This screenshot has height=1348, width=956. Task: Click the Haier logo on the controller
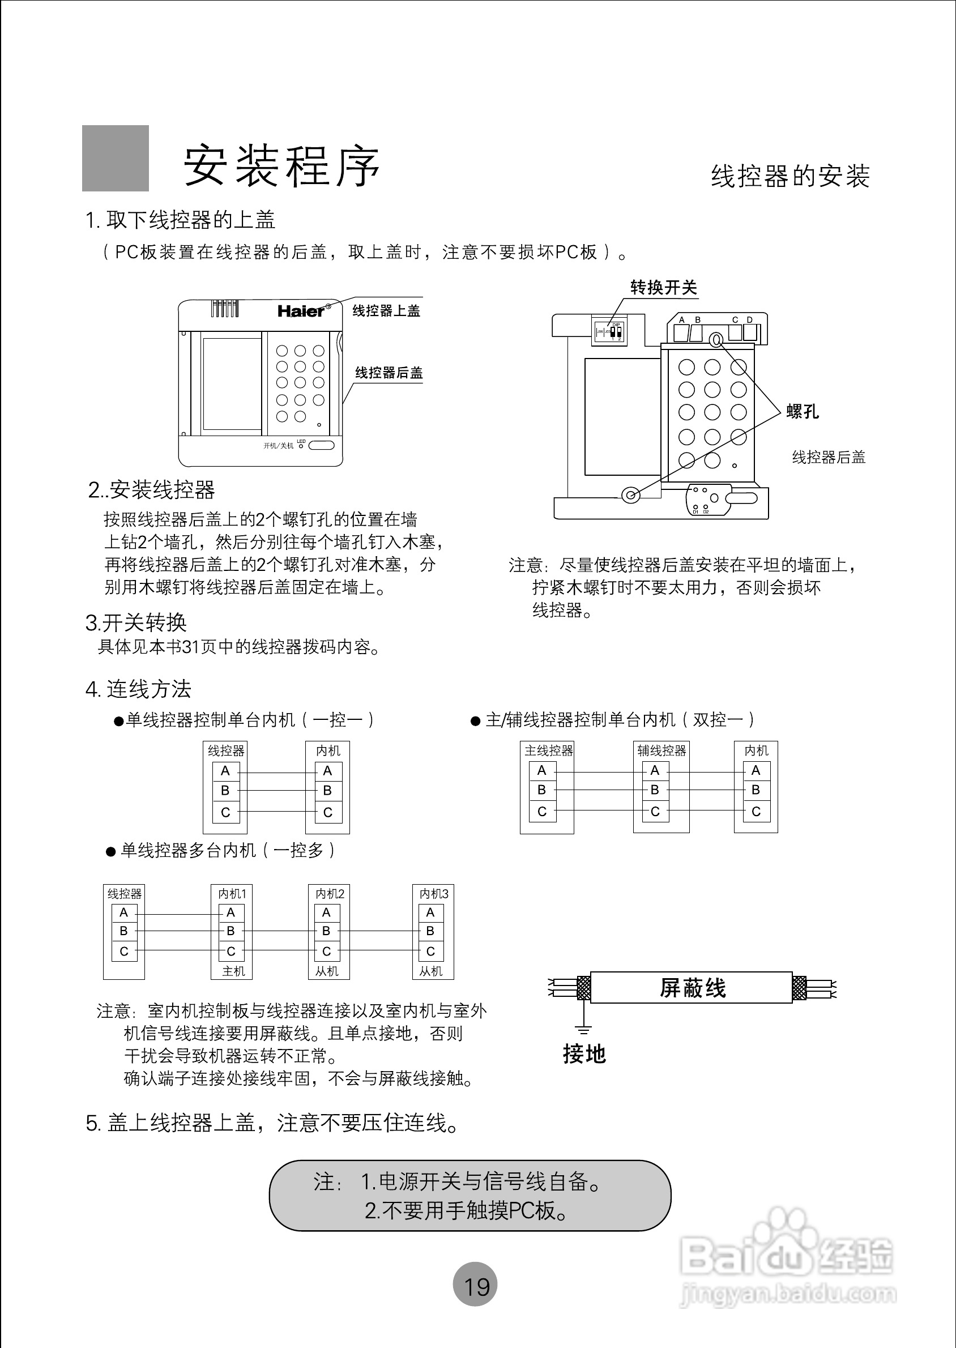tap(301, 311)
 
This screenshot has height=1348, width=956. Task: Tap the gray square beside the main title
tap(116, 159)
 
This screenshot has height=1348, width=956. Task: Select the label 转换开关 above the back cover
tap(663, 288)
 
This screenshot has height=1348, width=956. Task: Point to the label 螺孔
tap(803, 411)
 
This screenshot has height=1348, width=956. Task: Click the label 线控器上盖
tap(386, 311)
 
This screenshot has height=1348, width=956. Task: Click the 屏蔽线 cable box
tap(692, 987)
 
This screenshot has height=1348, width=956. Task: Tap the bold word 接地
tap(584, 1053)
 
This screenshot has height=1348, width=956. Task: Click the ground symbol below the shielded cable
tap(583, 1029)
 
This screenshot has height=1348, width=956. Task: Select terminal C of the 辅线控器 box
tap(655, 812)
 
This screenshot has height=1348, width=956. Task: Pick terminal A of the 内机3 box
tap(430, 912)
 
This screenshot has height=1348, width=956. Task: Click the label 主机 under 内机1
tap(233, 971)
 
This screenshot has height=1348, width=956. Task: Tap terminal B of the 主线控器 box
tap(542, 790)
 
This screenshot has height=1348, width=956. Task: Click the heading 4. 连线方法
tap(138, 689)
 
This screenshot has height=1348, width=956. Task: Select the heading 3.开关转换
tap(136, 622)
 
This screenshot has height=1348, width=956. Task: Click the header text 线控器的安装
tap(790, 176)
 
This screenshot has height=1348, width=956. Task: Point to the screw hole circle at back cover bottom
tap(630, 494)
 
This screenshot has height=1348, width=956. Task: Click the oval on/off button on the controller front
tap(322, 445)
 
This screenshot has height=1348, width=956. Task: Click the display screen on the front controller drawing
tap(232, 384)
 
